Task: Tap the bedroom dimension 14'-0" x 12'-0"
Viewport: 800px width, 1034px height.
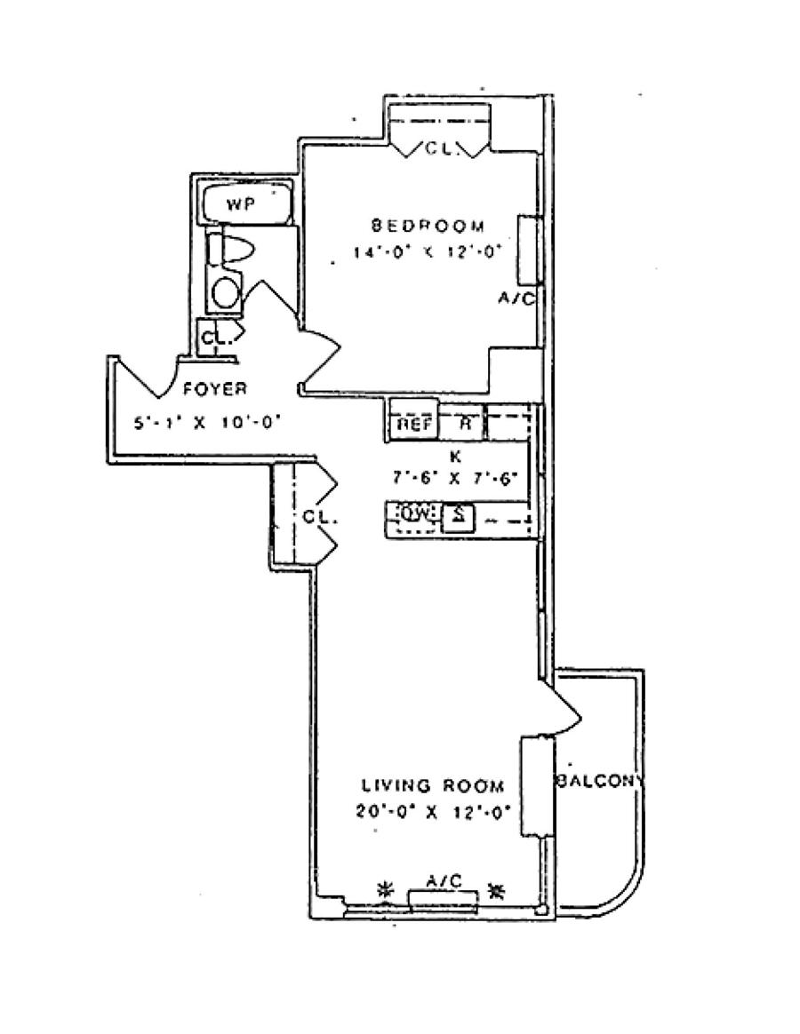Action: point(428,251)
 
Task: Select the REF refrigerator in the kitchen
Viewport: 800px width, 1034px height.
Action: point(413,424)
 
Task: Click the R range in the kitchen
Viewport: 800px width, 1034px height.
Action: point(463,423)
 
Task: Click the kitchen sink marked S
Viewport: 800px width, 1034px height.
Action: point(458,515)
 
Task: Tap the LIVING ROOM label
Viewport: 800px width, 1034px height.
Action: point(433,785)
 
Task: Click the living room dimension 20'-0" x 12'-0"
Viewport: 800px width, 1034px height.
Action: point(433,810)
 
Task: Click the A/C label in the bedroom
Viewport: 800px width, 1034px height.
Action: point(516,299)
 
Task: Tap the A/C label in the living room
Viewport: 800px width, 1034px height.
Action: point(443,880)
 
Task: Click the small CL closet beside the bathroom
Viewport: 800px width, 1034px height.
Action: point(213,338)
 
